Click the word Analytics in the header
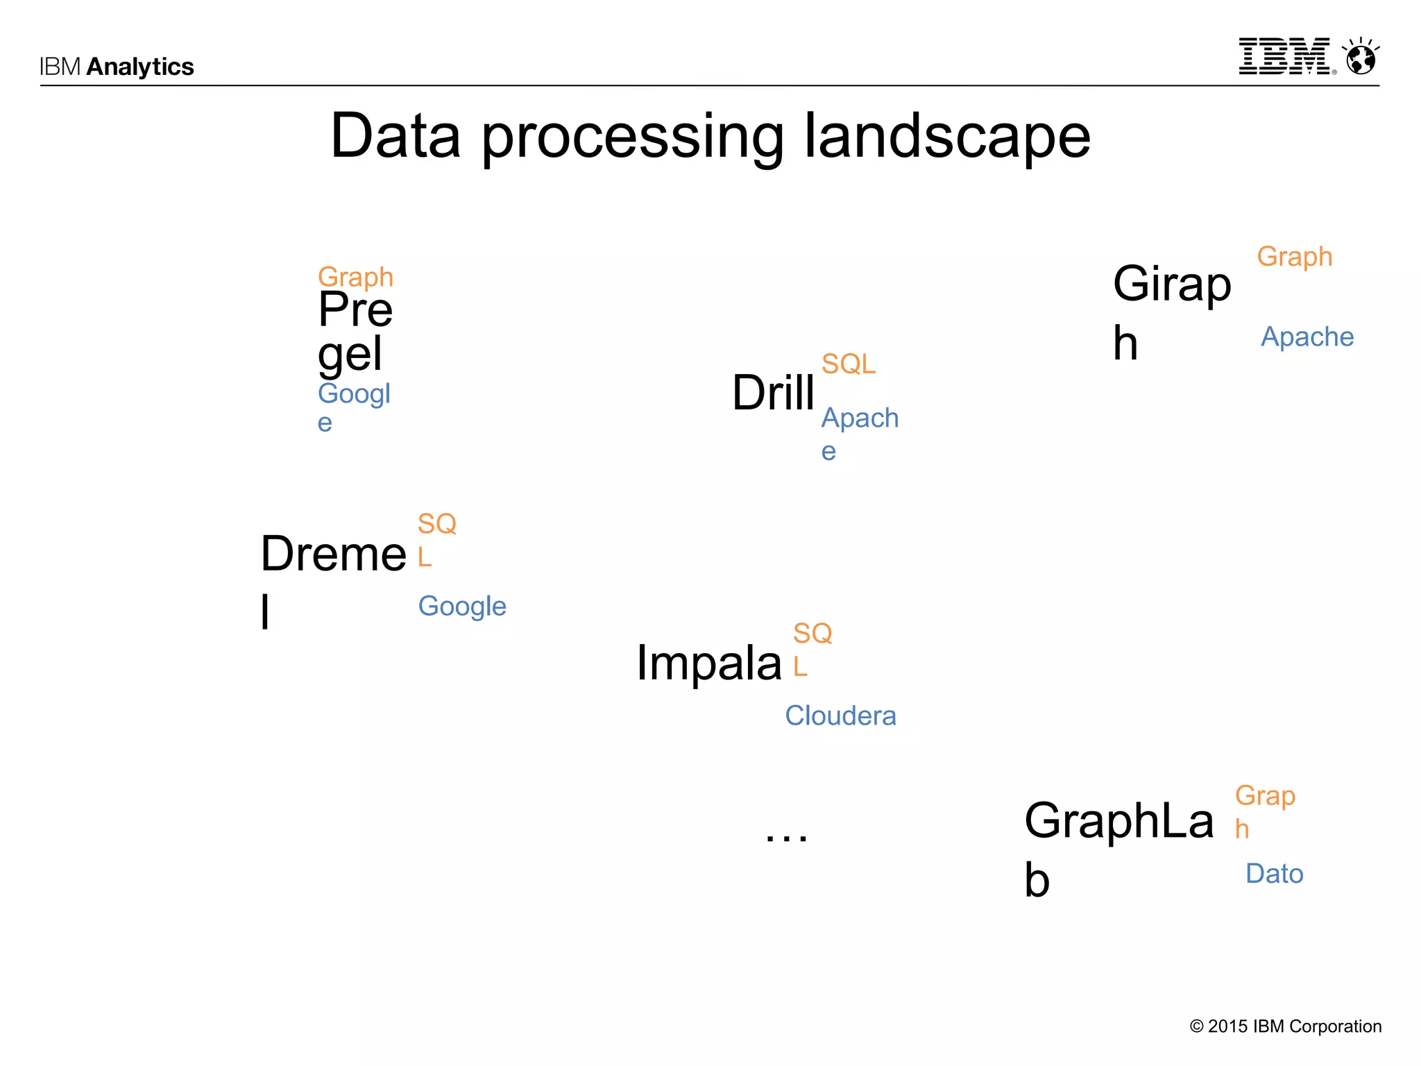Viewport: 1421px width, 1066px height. point(140,67)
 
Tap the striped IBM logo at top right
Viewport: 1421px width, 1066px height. point(1285,57)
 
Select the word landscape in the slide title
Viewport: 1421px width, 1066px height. point(947,136)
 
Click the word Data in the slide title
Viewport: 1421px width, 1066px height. point(395,136)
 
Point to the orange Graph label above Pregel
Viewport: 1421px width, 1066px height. point(355,278)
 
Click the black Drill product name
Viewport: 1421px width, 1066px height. point(773,393)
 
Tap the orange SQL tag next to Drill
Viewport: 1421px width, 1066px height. point(848,364)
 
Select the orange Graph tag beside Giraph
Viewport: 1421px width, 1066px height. point(1294,257)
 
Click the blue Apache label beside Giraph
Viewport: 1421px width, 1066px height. point(1307,337)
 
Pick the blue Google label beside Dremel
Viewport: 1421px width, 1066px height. point(462,607)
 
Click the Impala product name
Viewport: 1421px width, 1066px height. point(708,663)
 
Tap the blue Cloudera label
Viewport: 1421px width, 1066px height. point(840,716)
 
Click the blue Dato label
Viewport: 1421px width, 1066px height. point(1274,874)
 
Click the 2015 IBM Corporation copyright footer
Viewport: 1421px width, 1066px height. point(1285,1026)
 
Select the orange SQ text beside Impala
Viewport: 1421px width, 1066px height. point(812,634)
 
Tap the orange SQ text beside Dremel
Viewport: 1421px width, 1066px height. point(436,524)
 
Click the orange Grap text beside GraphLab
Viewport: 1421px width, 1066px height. point(1264,796)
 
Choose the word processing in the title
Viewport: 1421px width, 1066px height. point(632,137)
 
